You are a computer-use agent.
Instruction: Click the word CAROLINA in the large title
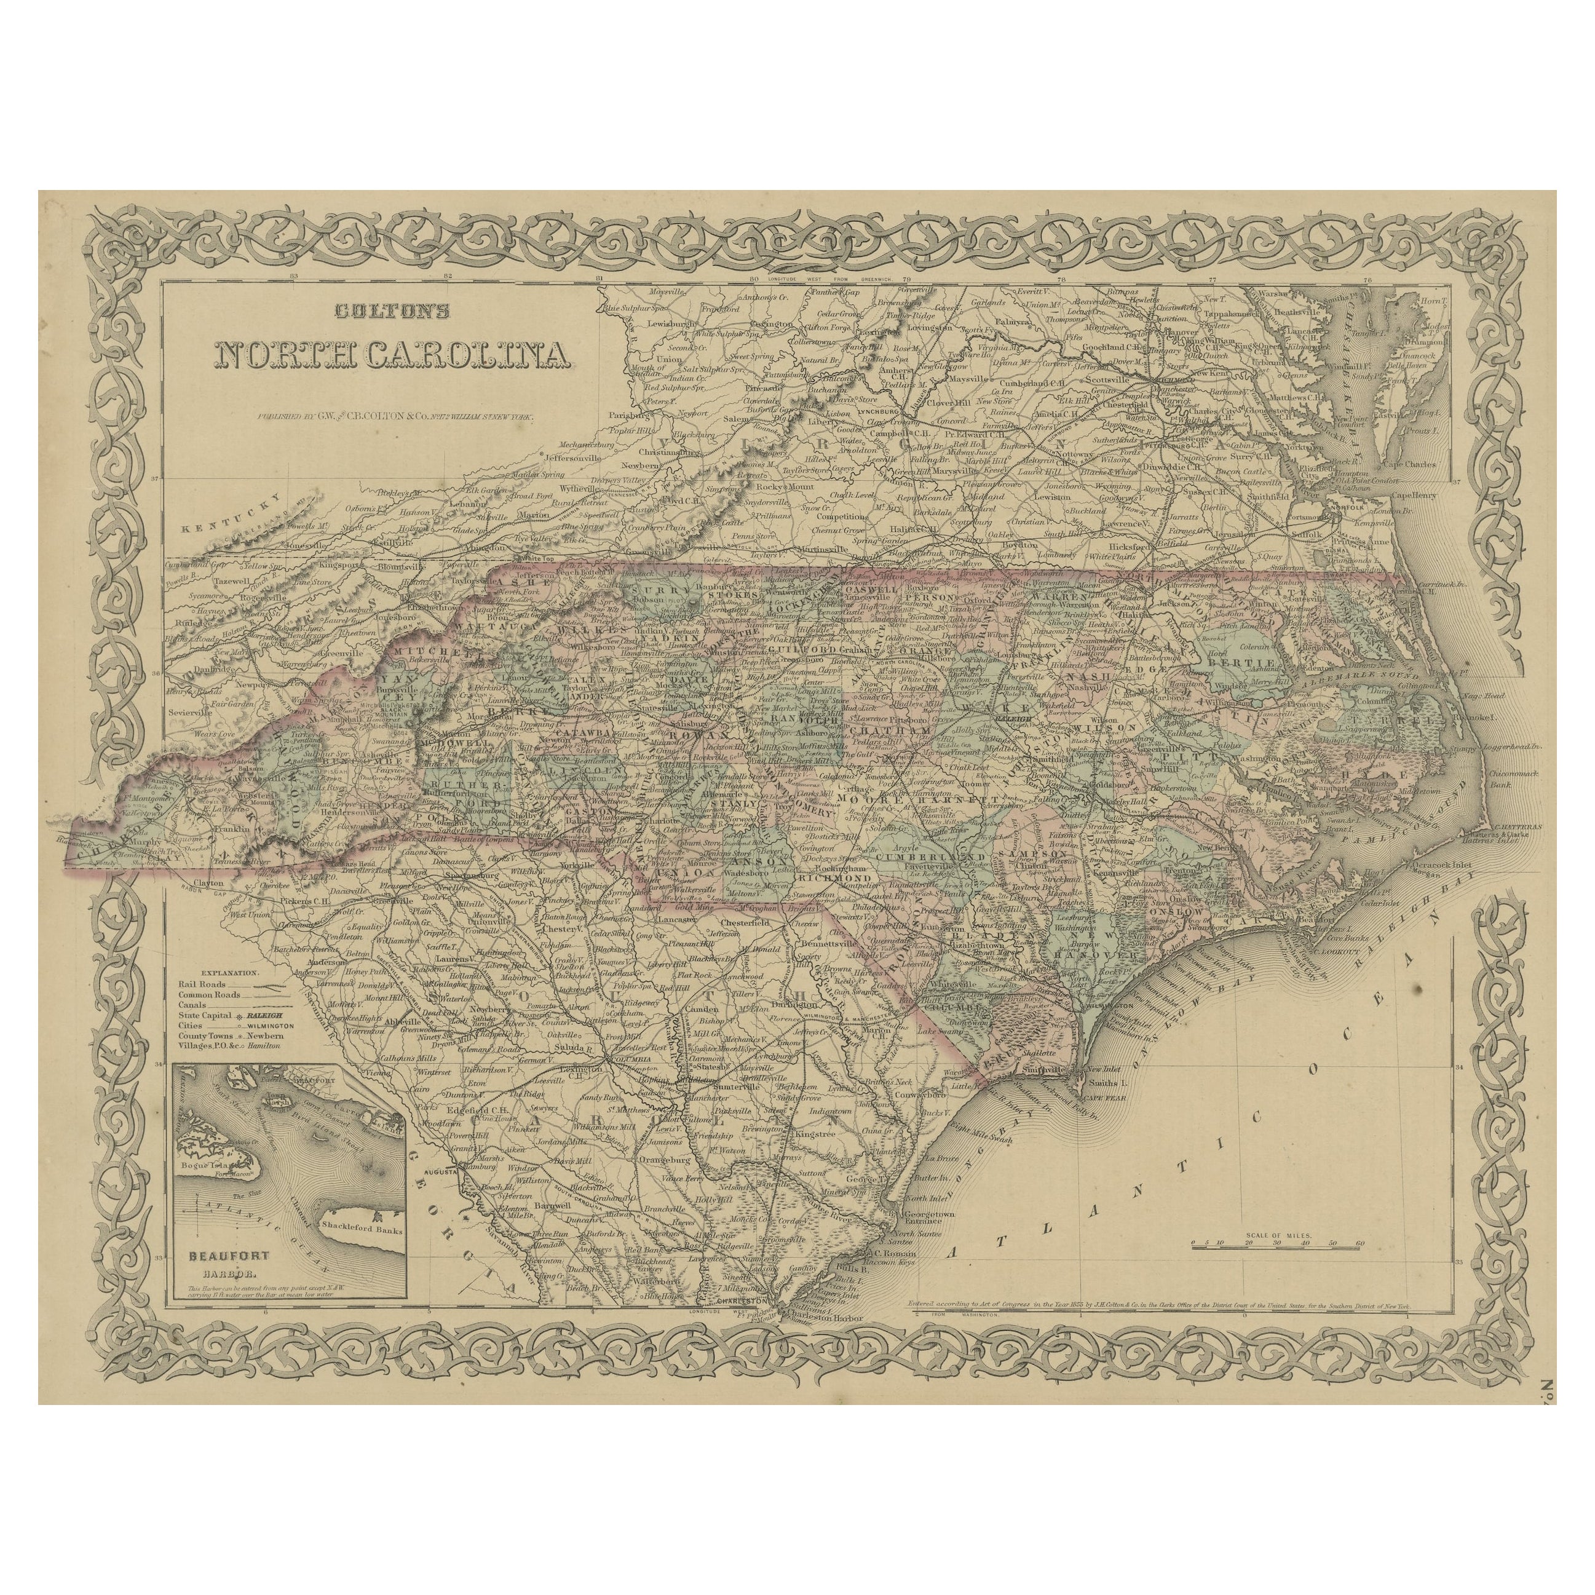(x=469, y=354)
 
